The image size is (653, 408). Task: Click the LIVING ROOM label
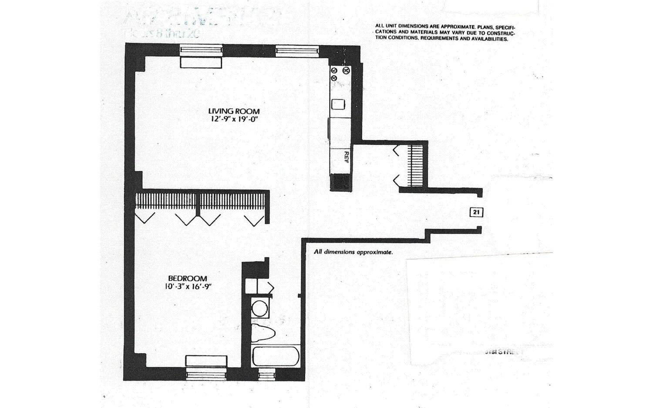(x=234, y=111)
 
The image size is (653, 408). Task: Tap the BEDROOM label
(x=188, y=278)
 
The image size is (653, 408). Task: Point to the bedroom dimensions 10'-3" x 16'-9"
(x=188, y=286)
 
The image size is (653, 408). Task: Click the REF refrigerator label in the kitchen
(x=347, y=157)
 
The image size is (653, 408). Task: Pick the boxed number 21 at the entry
(x=477, y=212)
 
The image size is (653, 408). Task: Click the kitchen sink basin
(x=338, y=104)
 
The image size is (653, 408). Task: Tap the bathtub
(x=275, y=357)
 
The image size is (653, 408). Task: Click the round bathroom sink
(x=260, y=309)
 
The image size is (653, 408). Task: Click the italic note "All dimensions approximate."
(x=353, y=252)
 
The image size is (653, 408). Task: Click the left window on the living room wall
(x=202, y=50)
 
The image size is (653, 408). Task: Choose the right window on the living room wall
(x=297, y=51)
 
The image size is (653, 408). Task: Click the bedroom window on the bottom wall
(x=206, y=374)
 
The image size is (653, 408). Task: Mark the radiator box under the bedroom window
(x=206, y=361)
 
